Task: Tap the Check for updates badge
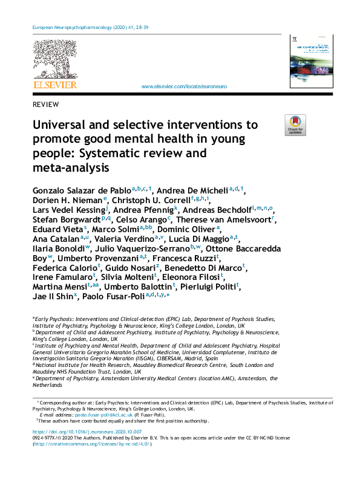tap(295, 125)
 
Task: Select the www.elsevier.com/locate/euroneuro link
tap(184, 87)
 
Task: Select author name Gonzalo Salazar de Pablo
tap(81, 190)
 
